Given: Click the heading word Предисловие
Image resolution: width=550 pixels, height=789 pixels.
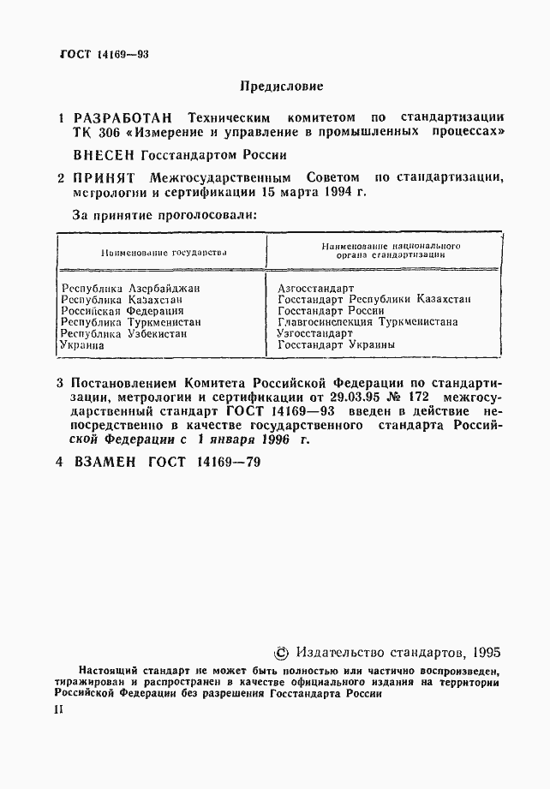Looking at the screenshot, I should tap(281, 87).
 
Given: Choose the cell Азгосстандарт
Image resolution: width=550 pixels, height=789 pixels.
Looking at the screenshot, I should tap(316, 289).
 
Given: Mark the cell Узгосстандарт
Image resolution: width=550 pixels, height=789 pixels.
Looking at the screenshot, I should tap(315, 333).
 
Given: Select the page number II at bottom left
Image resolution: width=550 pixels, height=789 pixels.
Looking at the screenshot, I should tap(58, 710).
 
